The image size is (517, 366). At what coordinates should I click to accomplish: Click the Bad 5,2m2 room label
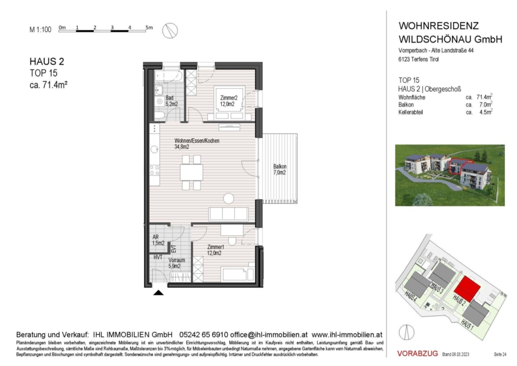pyautogui.click(x=171, y=101)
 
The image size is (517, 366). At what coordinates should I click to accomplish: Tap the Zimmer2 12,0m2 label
pyautogui.click(x=228, y=101)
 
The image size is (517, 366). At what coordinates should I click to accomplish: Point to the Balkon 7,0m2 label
pyautogui.click(x=280, y=170)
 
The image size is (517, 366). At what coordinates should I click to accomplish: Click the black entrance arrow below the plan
pyautogui.click(x=159, y=293)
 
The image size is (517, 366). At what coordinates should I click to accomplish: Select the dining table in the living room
pyautogui.click(x=191, y=172)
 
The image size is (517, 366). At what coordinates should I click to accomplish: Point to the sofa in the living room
pyautogui.click(x=228, y=213)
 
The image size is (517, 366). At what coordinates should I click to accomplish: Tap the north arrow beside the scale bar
pyautogui.click(x=170, y=30)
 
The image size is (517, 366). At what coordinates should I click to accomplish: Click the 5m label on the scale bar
pyautogui.click(x=149, y=27)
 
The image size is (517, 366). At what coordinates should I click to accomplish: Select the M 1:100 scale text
pyautogui.click(x=40, y=29)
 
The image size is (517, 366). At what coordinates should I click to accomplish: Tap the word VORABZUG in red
pyautogui.click(x=418, y=352)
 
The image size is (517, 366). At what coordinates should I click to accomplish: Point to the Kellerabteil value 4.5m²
pyautogui.click(x=486, y=113)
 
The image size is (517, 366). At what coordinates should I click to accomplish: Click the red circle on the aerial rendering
pyautogui.click(x=457, y=167)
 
